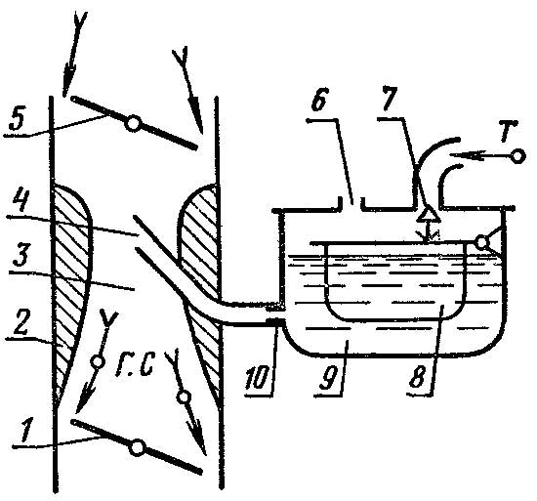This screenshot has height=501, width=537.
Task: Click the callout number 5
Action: [18, 119]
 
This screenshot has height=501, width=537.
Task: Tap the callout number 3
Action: [21, 256]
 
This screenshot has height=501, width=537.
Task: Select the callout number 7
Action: [391, 99]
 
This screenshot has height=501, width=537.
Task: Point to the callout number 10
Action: [257, 377]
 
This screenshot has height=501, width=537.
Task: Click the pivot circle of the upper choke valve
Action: [132, 124]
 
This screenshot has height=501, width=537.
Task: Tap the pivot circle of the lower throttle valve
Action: [138, 448]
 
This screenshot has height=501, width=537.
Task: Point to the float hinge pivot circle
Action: [482, 242]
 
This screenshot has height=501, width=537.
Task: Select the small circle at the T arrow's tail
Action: [519, 156]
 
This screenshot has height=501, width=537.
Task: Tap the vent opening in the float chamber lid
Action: [351, 203]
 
